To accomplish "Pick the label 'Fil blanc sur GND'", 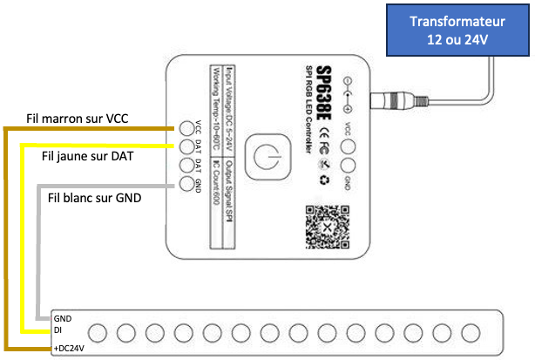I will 94,197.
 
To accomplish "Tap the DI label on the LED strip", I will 58,332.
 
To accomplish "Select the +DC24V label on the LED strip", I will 71,347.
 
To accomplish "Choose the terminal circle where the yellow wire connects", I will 186,146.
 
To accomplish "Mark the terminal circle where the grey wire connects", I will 186,184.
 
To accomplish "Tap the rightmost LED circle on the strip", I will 471,333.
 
